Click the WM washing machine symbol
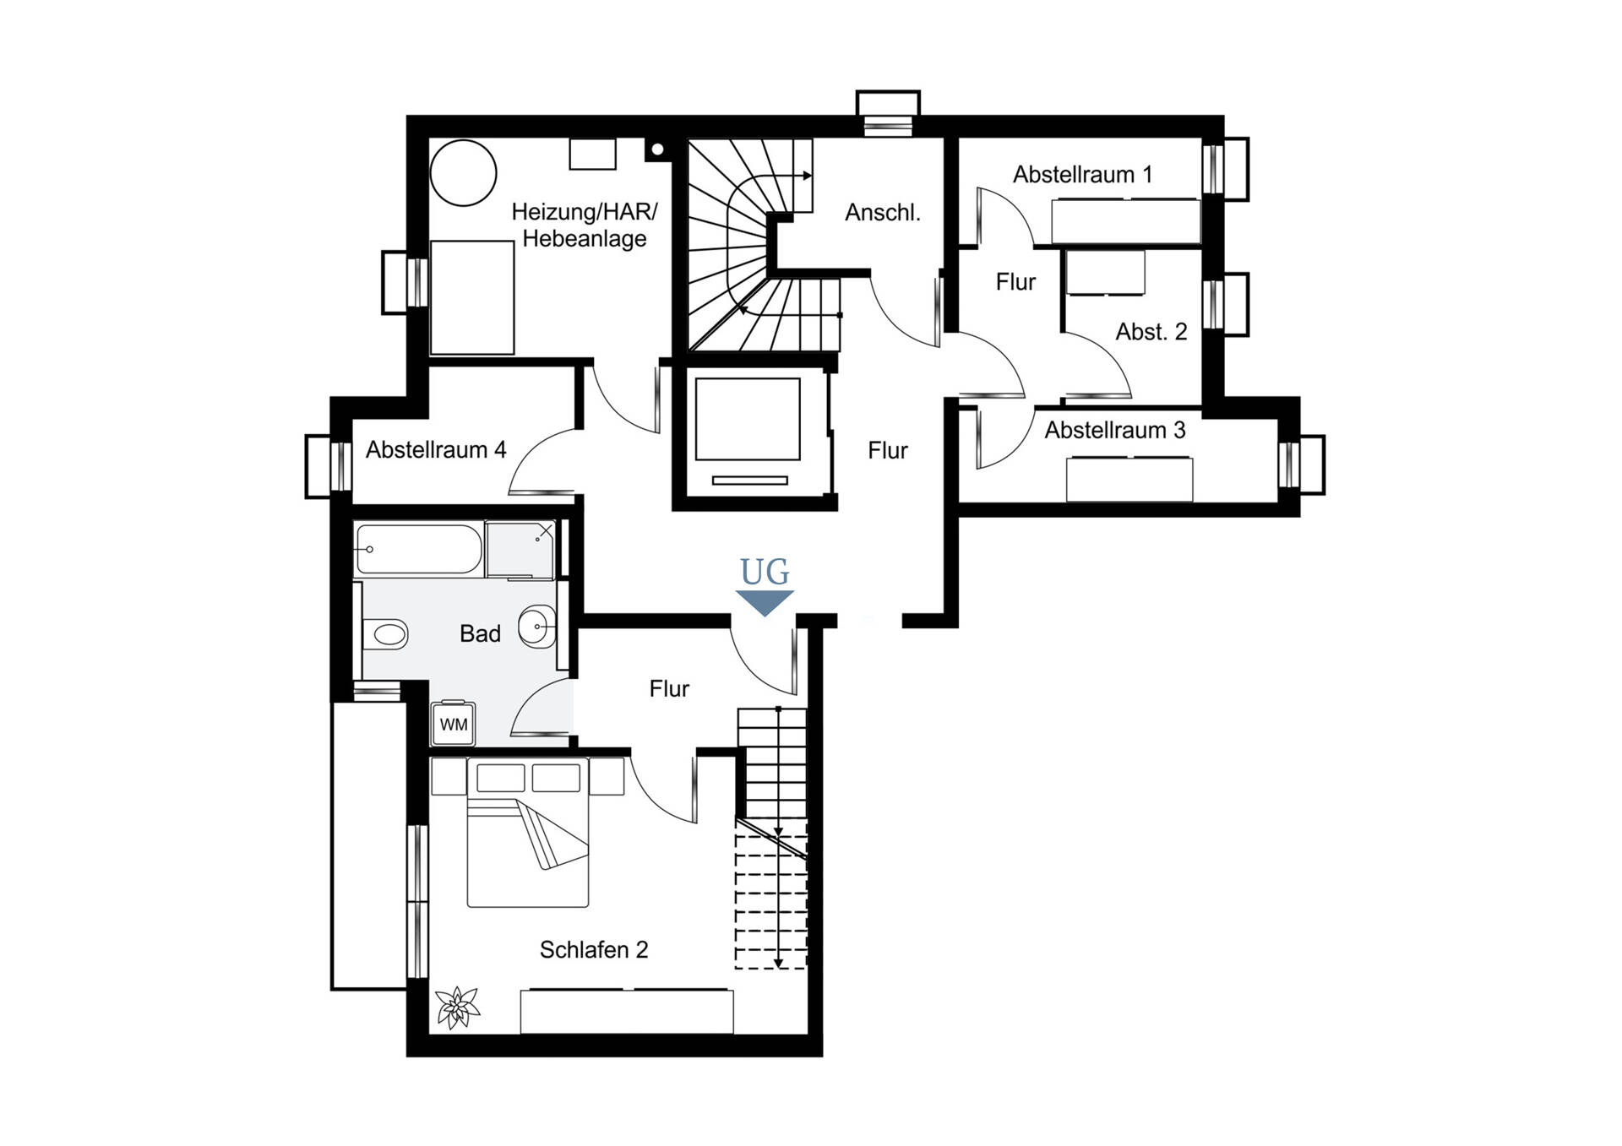[x=454, y=724]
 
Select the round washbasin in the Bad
[x=537, y=627]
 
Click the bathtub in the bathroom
[x=419, y=550]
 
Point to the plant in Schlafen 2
[x=457, y=1008]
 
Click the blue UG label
[x=765, y=573]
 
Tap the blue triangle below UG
[x=765, y=603]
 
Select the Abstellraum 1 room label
[x=1082, y=175]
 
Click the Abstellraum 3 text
[x=1115, y=431]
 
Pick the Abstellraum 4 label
[x=436, y=450]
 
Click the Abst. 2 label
[x=1151, y=332]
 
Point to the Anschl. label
[x=883, y=213]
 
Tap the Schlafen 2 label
[x=594, y=950]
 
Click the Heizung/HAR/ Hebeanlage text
[x=585, y=225]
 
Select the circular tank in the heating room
[x=463, y=172]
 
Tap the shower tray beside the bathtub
[x=520, y=550]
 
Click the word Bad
[x=480, y=633]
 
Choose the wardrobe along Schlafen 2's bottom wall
[x=627, y=1011]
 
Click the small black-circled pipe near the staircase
[x=657, y=150]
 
